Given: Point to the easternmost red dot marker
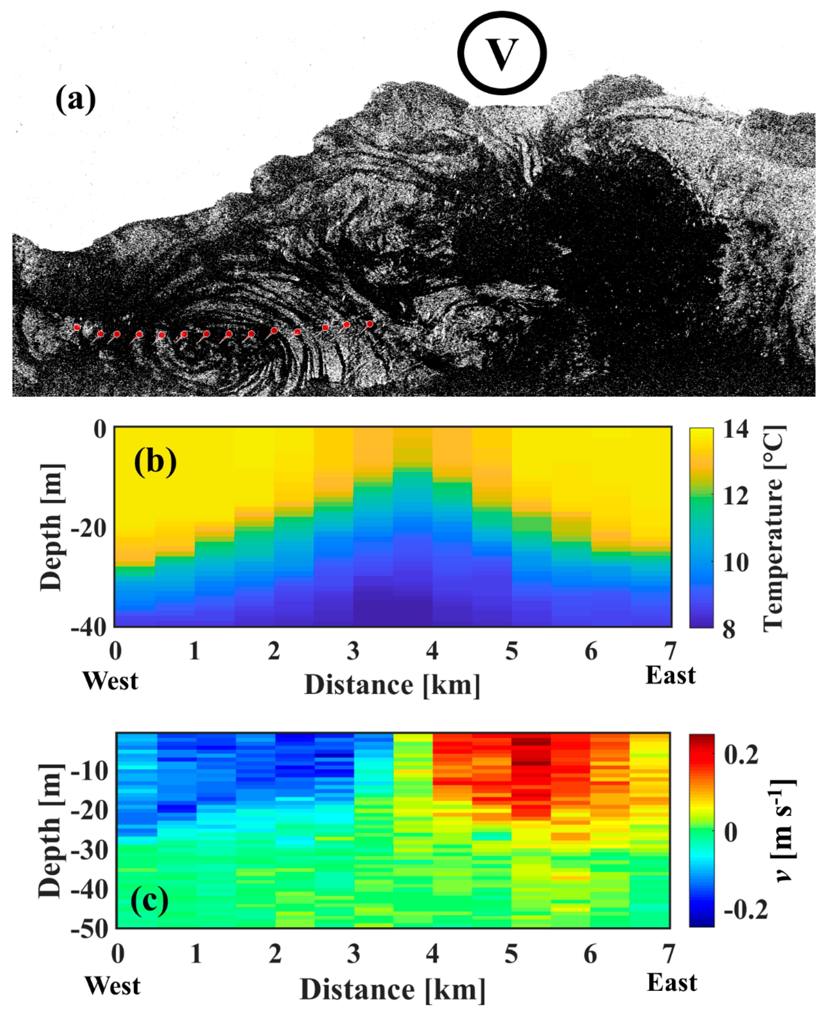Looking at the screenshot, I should point(370,324).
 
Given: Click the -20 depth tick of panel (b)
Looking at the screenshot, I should point(89,529).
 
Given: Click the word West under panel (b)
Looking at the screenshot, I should point(110,681).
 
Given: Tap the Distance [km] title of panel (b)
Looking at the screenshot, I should point(392,685).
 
